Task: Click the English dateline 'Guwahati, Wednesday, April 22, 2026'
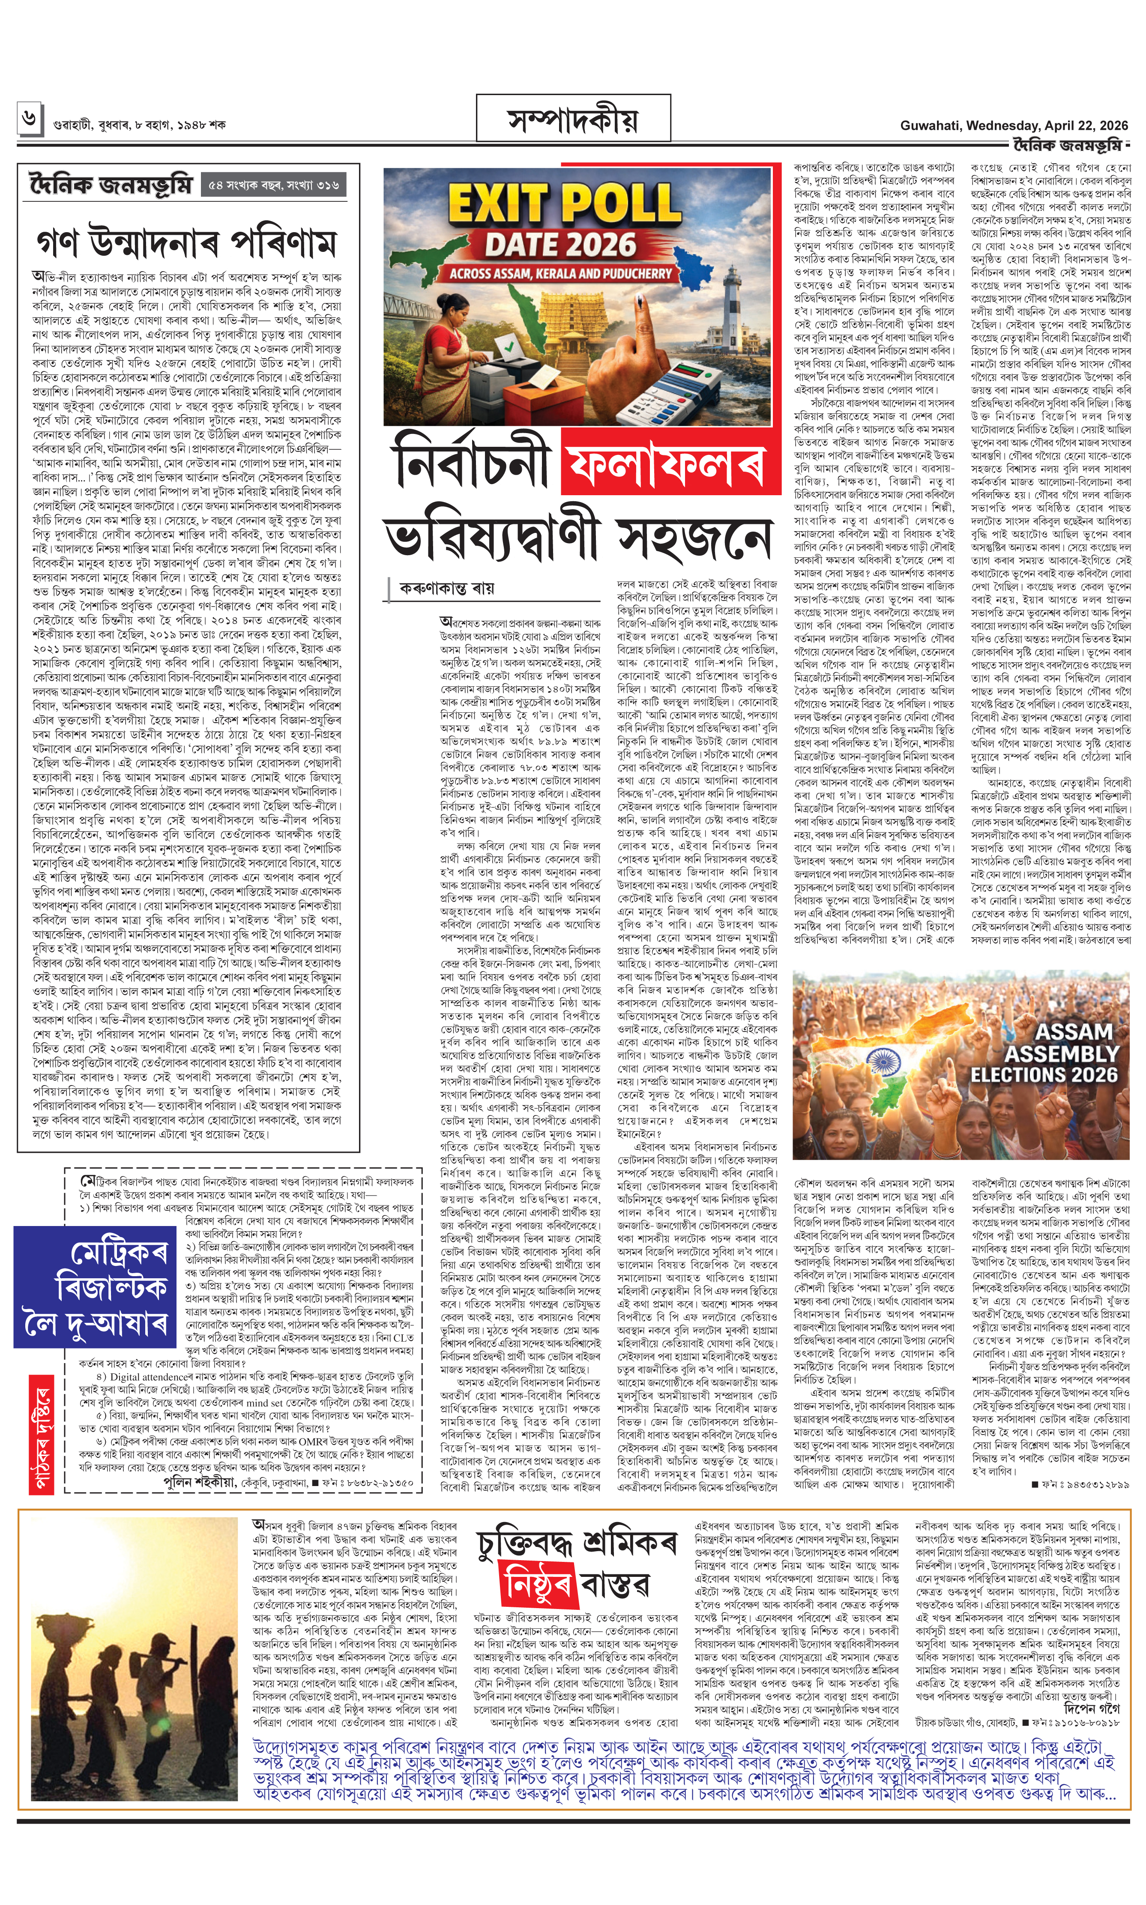tap(1013, 125)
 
